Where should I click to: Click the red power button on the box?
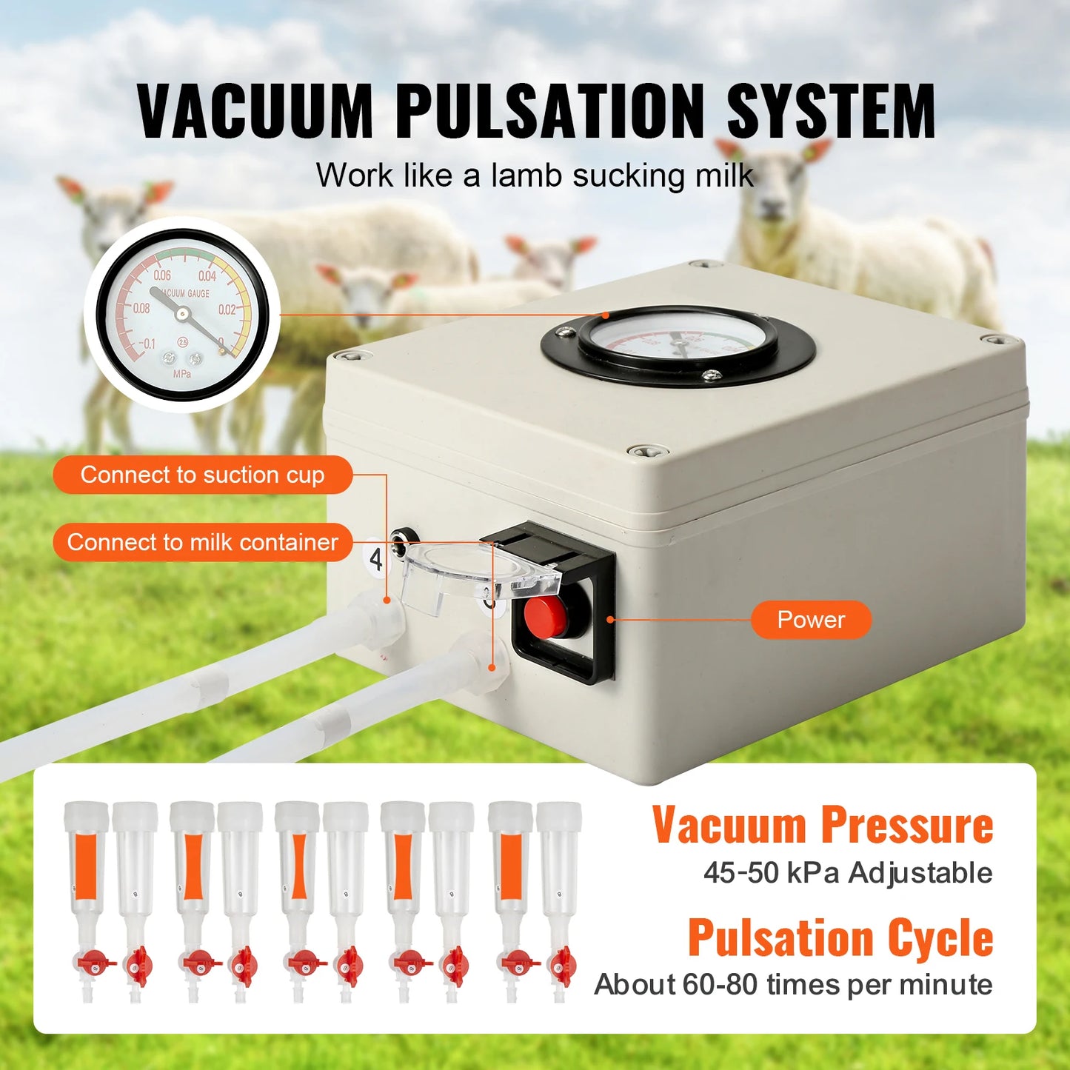click(545, 615)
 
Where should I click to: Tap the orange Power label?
click(811, 620)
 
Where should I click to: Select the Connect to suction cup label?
click(202, 475)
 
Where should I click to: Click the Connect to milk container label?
click(202, 542)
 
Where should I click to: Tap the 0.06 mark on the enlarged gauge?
click(162, 275)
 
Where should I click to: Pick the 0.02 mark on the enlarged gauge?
click(227, 310)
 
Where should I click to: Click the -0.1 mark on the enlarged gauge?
click(147, 344)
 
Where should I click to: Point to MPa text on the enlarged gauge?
click(182, 374)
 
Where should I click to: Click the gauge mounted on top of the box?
click(678, 344)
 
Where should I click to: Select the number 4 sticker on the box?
click(376, 560)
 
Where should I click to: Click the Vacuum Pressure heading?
click(822, 825)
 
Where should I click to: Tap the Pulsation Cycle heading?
click(840, 937)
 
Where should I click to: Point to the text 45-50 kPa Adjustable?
click(848, 873)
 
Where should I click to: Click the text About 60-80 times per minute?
click(793, 985)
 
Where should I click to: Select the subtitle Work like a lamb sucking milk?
click(535, 176)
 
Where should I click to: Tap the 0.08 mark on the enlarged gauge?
click(141, 308)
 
